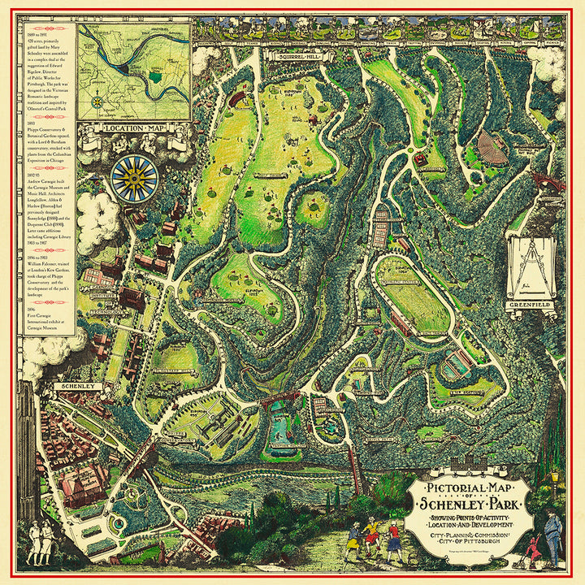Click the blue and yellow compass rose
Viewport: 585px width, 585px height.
pyautogui.click(x=135, y=178)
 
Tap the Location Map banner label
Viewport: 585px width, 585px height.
pyautogui.click(x=135, y=128)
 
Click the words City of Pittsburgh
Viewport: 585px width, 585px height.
pyautogui.click(x=470, y=542)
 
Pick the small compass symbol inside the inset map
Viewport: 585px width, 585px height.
pyautogui.click(x=98, y=102)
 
